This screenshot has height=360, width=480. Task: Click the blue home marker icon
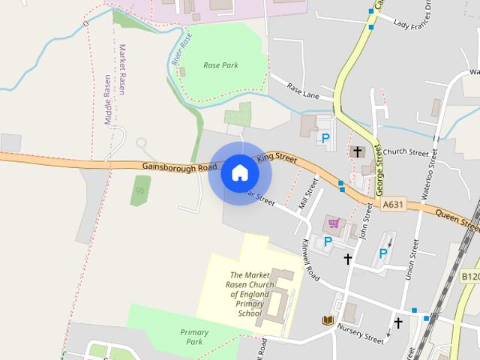tap(240, 172)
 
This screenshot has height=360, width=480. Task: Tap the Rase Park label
tap(220, 65)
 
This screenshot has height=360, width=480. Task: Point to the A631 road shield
tap(392, 204)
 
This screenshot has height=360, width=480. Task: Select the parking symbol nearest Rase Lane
tap(325, 138)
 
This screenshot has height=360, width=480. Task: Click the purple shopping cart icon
tap(334, 223)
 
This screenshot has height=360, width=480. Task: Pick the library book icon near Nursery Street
tap(327, 320)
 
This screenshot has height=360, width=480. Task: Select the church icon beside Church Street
tap(358, 152)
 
